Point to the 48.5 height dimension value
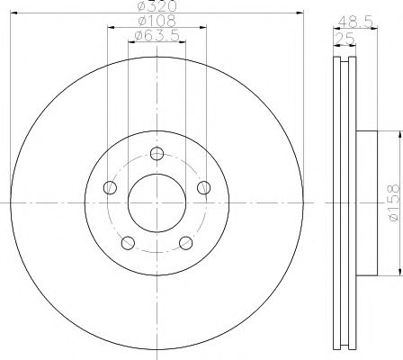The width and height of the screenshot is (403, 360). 350,19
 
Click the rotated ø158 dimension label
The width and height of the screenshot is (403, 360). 391,203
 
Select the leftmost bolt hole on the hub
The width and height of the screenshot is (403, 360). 111,187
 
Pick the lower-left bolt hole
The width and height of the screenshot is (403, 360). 129,243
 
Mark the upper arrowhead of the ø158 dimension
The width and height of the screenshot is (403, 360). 391,134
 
